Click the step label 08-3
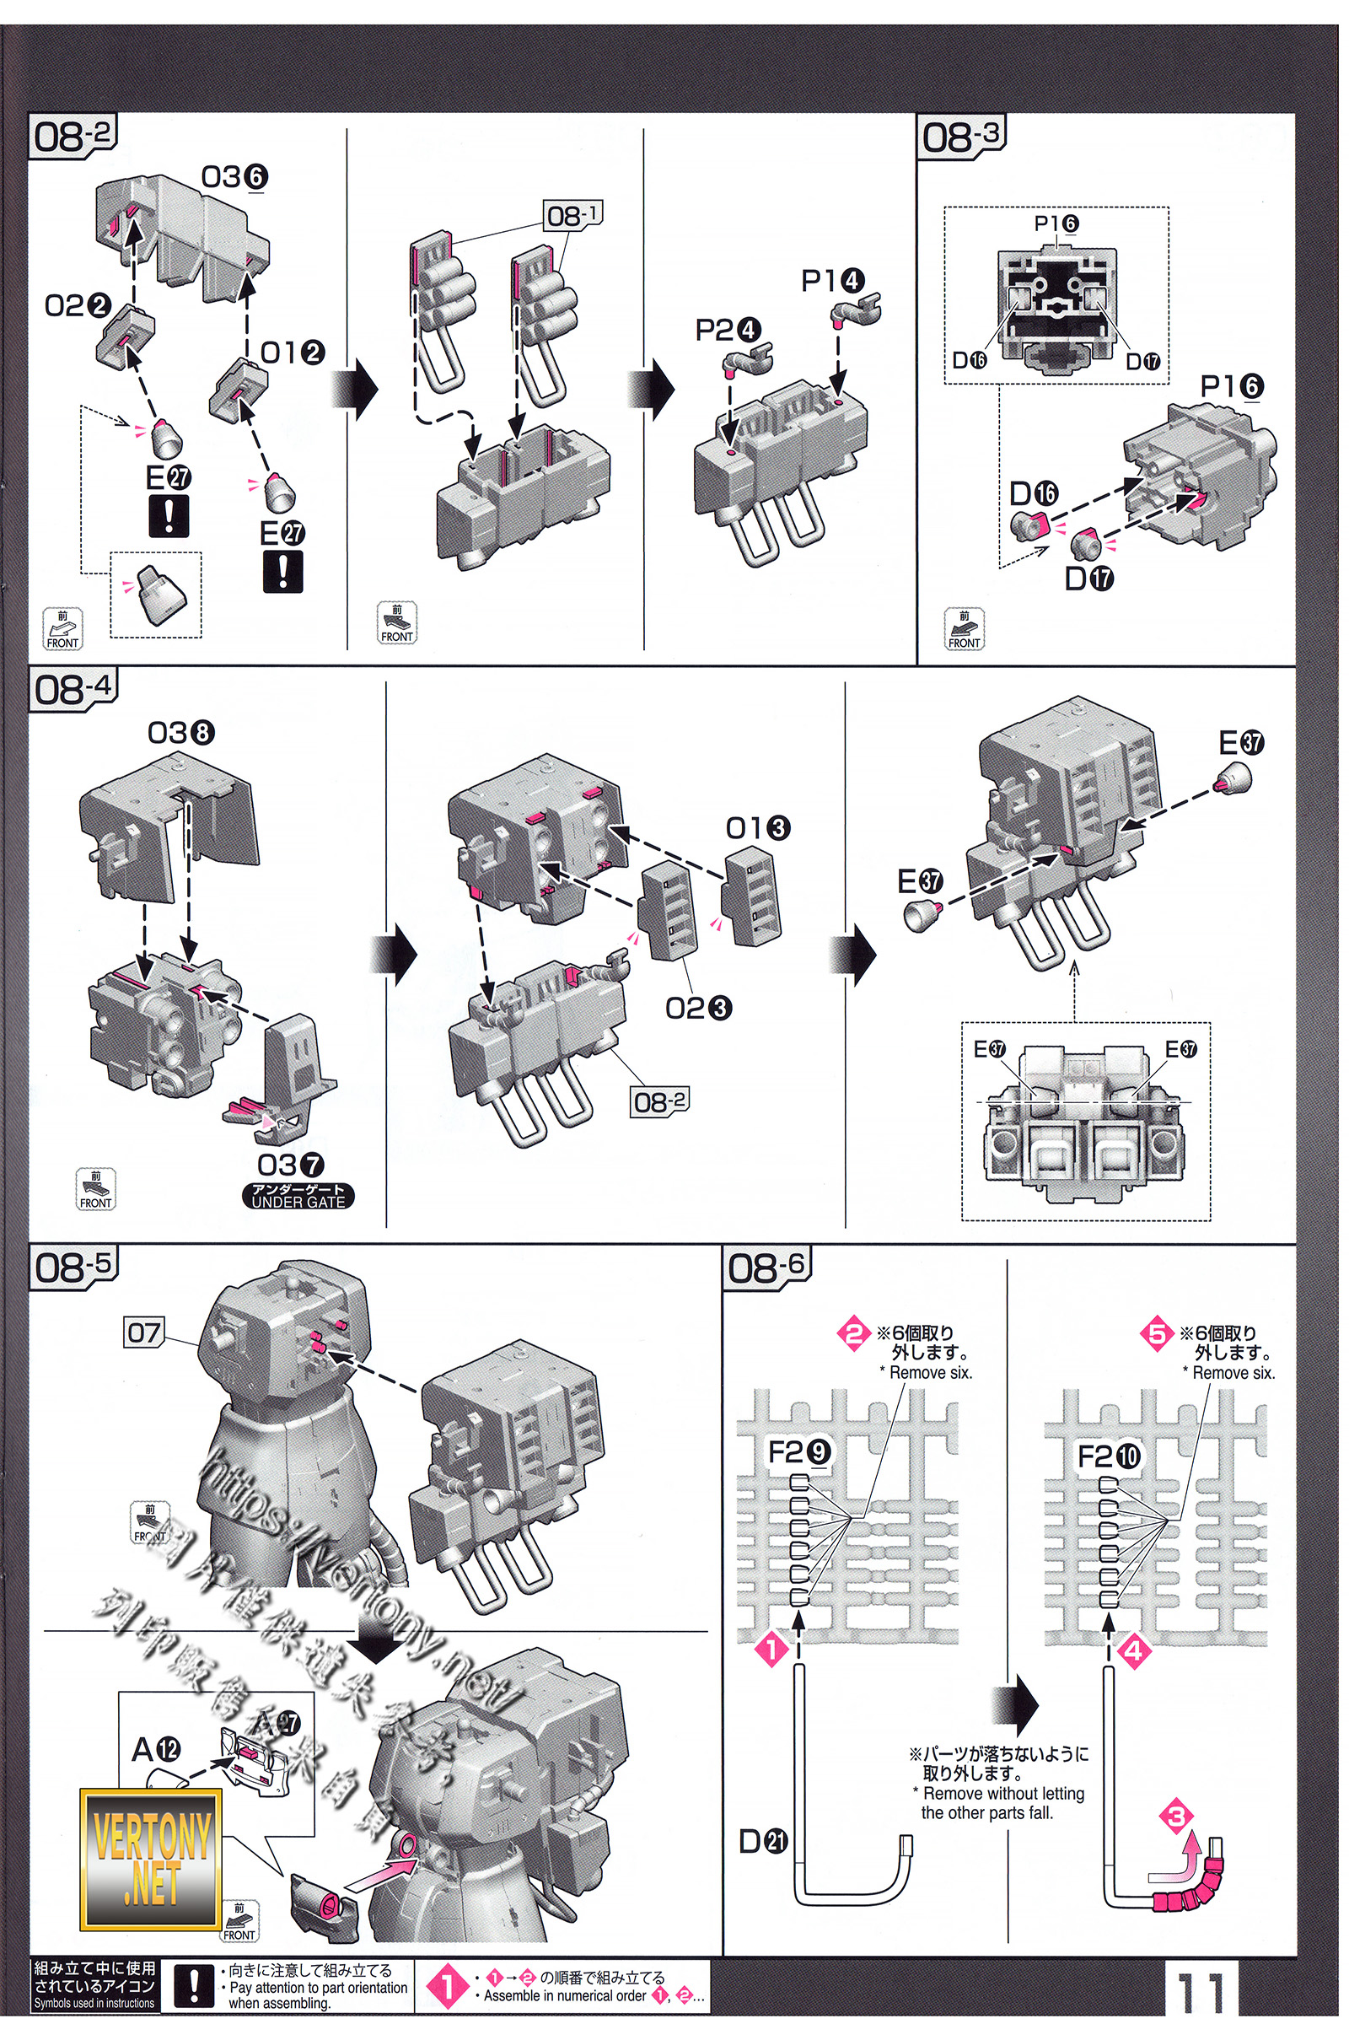(x=961, y=136)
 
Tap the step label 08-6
(x=766, y=1267)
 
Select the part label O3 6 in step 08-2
(x=235, y=177)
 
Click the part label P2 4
(x=728, y=330)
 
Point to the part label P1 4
(x=833, y=281)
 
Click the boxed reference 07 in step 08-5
(x=143, y=1333)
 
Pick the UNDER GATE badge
(x=298, y=1196)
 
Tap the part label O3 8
(x=180, y=733)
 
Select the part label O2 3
(x=699, y=1008)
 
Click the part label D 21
(x=763, y=1842)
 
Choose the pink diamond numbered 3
(x=1176, y=1817)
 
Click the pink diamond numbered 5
(x=1157, y=1334)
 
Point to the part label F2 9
(x=799, y=1453)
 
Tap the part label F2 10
(x=1109, y=1457)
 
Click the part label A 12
(x=156, y=1749)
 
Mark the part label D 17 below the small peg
(x=1089, y=579)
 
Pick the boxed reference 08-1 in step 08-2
(x=573, y=215)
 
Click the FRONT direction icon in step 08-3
(x=964, y=629)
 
